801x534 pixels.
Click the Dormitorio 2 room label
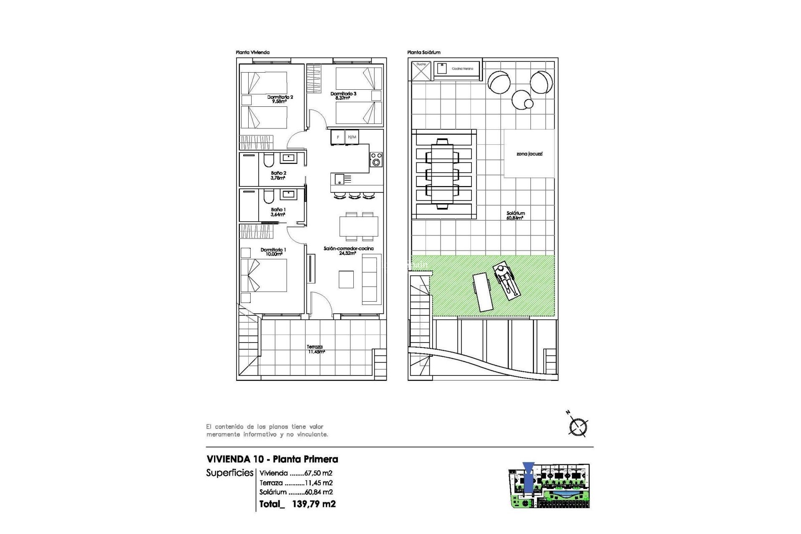click(x=280, y=99)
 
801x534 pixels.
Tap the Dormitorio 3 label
click(x=343, y=96)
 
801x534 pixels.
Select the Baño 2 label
click(x=278, y=175)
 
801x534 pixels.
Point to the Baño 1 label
click(x=278, y=212)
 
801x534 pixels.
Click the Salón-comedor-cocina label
click(x=348, y=250)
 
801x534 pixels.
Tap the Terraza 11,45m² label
click(x=315, y=349)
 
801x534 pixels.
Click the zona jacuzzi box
click(x=529, y=154)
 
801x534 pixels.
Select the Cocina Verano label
click(x=462, y=68)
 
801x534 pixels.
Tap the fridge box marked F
click(x=338, y=137)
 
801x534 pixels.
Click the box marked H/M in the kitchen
click(x=352, y=137)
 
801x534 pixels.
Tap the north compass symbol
click(x=578, y=426)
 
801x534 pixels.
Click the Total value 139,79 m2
click(x=314, y=504)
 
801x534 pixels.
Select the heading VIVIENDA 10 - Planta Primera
click(x=272, y=459)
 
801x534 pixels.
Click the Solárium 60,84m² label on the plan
click(x=516, y=215)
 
